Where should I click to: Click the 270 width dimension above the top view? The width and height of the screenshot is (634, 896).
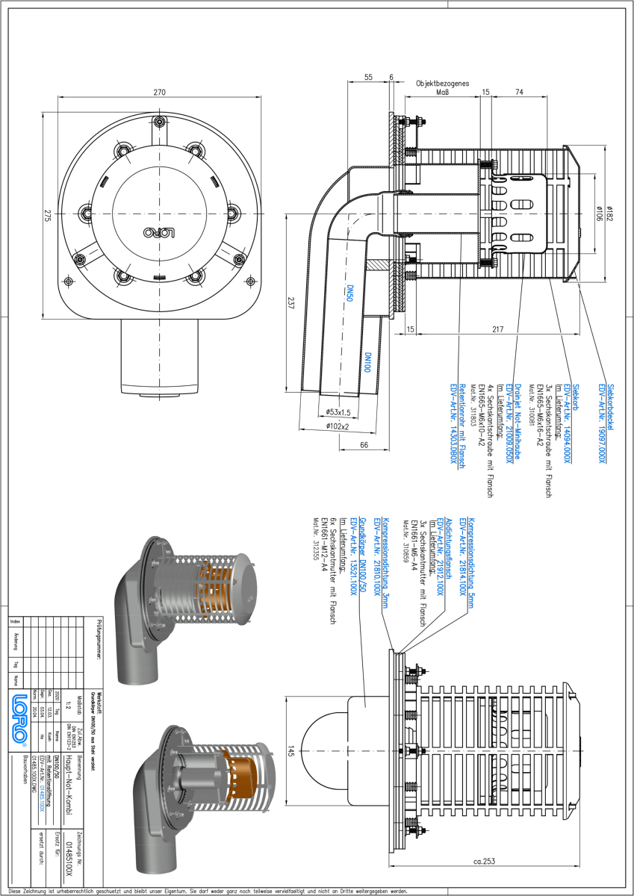point(159,93)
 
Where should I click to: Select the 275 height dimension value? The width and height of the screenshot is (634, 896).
point(46,215)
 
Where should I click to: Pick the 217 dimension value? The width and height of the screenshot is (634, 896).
point(498,329)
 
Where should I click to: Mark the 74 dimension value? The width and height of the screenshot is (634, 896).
point(518,92)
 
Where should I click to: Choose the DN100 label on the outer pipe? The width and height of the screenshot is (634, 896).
point(367,363)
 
